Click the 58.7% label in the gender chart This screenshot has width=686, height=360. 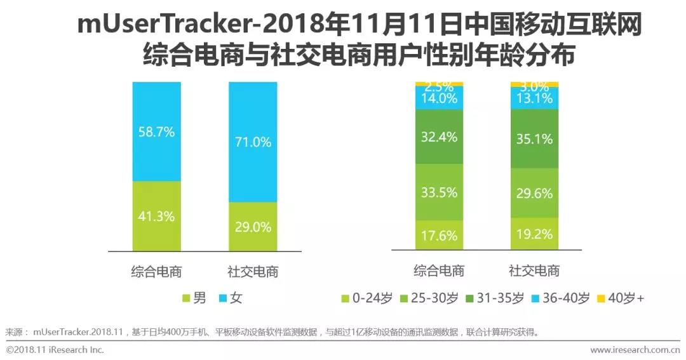click(x=156, y=132)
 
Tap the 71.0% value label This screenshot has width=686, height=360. click(x=253, y=142)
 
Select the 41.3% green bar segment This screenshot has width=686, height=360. click(x=156, y=216)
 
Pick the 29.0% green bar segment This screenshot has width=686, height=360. click(x=253, y=226)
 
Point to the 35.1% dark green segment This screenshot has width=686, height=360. click(x=534, y=138)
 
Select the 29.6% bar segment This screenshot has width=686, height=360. click(x=534, y=194)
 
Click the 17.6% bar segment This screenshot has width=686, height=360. click(x=439, y=235)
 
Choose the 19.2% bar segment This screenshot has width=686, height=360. click(x=534, y=233)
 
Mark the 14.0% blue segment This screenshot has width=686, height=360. click(x=439, y=98)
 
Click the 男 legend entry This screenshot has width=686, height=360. click(x=194, y=298)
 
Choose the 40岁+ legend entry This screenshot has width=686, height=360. click(x=621, y=298)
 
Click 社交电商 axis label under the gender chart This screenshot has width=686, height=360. click(x=253, y=272)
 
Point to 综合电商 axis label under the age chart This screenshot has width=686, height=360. click(x=439, y=270)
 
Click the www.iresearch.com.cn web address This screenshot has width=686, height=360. click(x=635, y=350)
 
